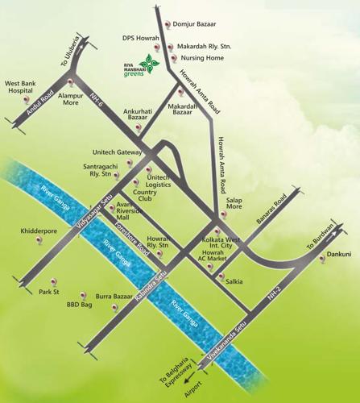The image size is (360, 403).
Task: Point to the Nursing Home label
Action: coord(201,58)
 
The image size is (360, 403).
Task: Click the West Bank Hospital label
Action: coord(25,86)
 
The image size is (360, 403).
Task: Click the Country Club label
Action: coord(145,193)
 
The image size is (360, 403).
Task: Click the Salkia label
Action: coord(234,280)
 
